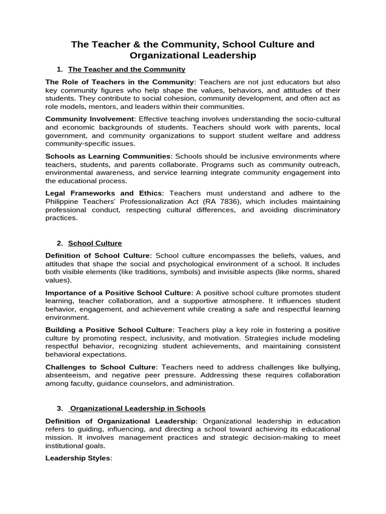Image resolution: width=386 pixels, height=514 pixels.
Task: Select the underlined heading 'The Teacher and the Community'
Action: coord(127,69)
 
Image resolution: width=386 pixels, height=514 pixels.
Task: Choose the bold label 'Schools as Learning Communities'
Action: coord(109,156)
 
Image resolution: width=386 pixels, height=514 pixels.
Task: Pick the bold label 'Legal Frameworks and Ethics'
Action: coord(104,193)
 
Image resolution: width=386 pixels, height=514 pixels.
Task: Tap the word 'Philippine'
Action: coord(63,201)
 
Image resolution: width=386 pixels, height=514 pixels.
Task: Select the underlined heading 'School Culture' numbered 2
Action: coord(95,243)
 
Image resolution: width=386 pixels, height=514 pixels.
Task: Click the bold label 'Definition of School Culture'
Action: coord(98,255)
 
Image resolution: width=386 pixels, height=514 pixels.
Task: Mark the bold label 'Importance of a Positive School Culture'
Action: coord(119,293)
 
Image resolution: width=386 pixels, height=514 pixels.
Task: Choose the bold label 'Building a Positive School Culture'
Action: coord(109,330)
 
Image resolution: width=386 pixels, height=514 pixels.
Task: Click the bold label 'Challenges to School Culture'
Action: coord(101,367)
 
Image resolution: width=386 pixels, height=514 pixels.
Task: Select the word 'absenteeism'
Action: coord(65,375)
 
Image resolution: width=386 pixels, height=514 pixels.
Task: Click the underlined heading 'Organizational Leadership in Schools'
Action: coord(137,409)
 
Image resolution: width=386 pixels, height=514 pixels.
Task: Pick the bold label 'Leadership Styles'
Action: coord(77,458)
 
